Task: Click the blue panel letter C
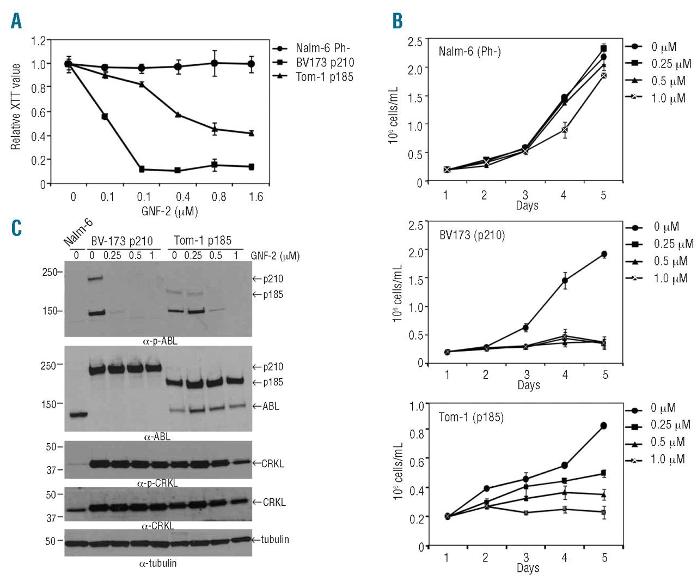click(16, 228)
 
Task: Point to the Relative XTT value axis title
click(16, 106)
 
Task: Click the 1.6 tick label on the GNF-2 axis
click(255, 197)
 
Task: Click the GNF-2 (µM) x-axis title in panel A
click(169, 211)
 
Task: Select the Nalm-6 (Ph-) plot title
click(469, 52)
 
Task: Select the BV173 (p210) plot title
click(472, 235)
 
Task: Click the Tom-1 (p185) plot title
click(471, 418)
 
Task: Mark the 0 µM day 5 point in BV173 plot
click(604, 254)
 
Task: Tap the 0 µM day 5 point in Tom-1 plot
click(603, 426)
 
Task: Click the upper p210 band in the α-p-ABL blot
click(95, 279)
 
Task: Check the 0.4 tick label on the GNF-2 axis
click(182, 197)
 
